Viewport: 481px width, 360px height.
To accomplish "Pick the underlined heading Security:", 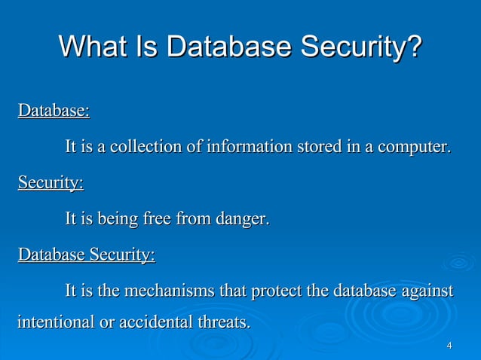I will coord(51,183).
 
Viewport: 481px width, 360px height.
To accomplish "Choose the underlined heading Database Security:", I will coord(86,255).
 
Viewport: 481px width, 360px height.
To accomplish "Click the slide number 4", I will coord(449,346).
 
